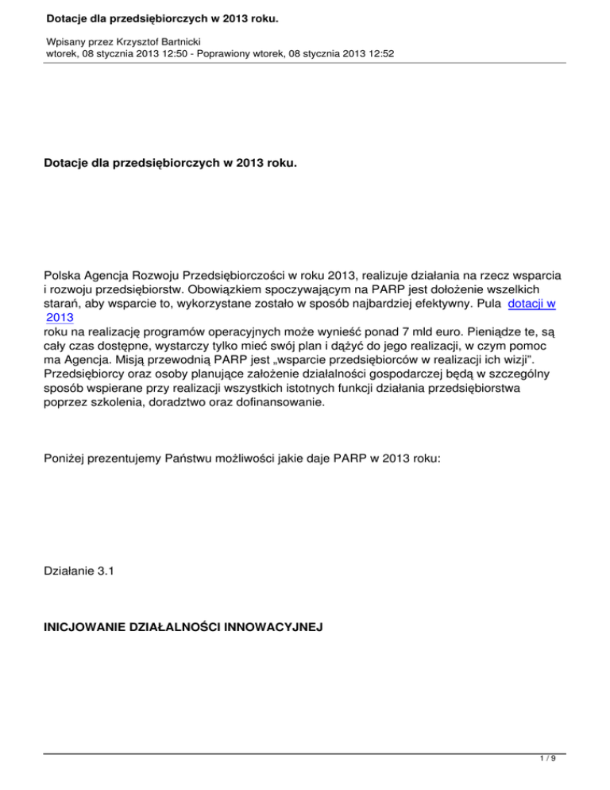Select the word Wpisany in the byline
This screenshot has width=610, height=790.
[68, 39]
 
